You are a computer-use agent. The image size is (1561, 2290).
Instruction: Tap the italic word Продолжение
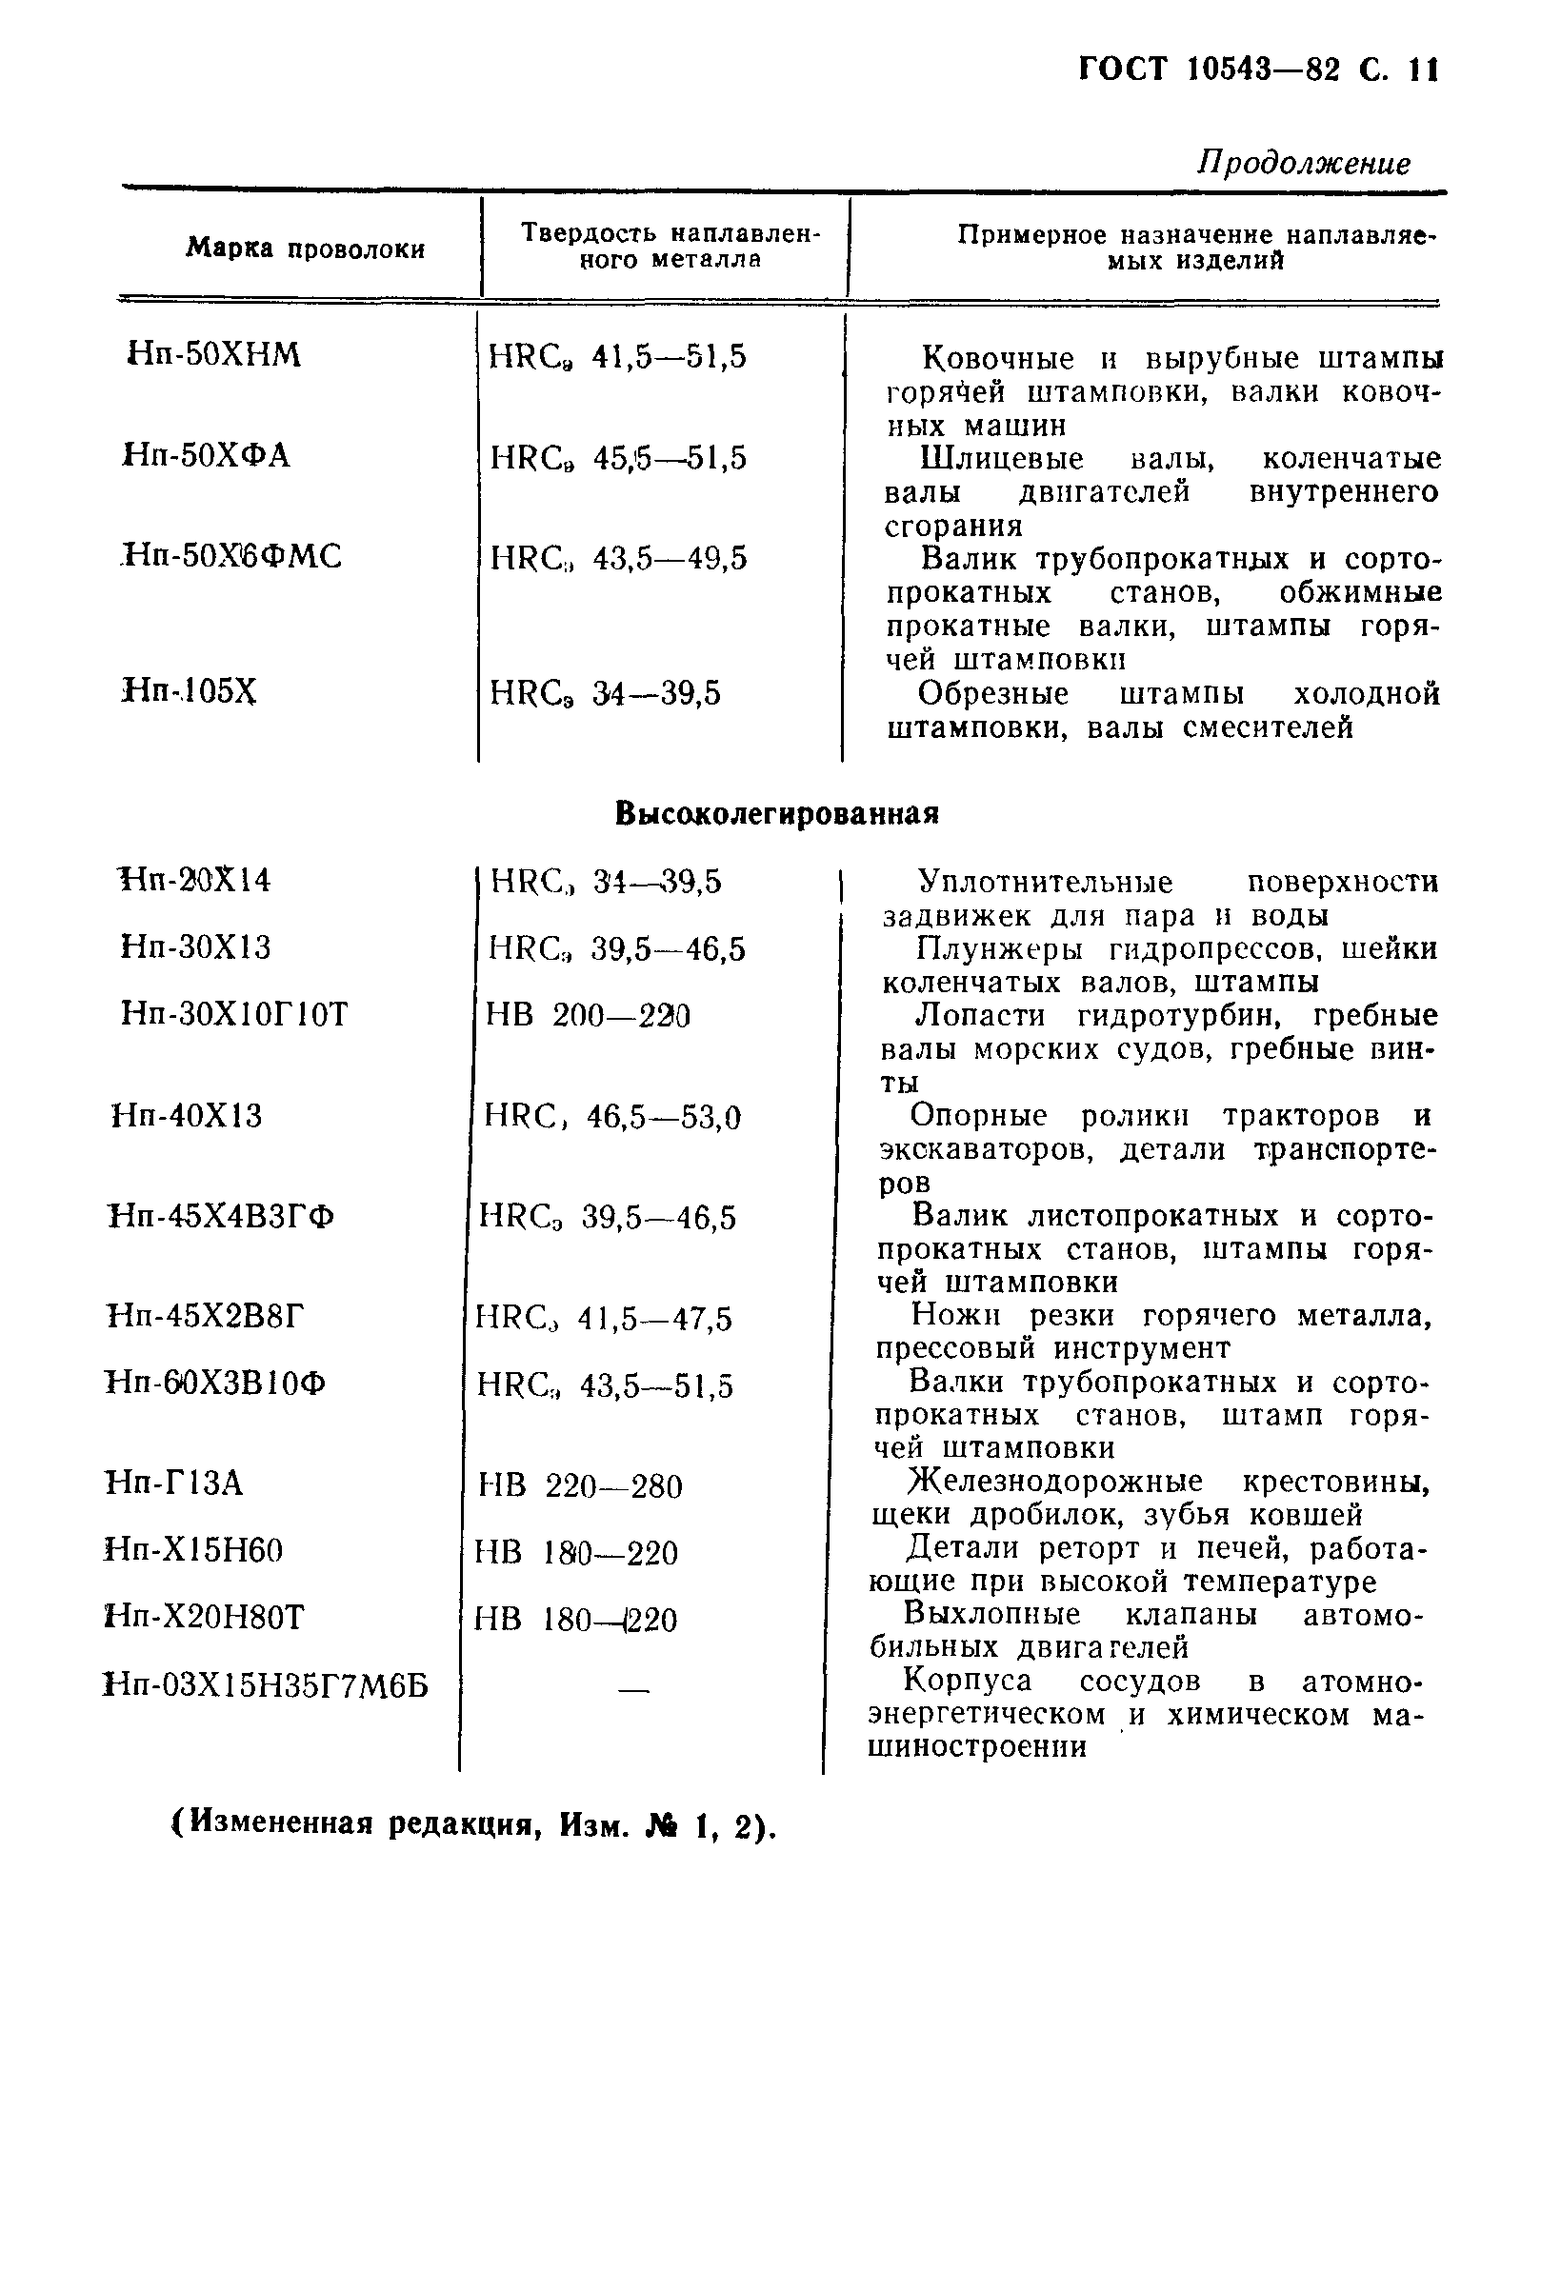point(1303,163)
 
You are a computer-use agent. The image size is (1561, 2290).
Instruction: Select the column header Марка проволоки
point(306,249)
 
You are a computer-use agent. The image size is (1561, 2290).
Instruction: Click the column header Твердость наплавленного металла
point(670,247)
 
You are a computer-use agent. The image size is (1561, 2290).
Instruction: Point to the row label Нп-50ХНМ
point(214,355)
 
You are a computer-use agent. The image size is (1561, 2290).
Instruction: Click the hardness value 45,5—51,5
point(670,458)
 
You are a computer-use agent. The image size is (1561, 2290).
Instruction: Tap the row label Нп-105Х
point(190,691)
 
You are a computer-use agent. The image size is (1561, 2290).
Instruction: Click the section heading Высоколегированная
point(776,814)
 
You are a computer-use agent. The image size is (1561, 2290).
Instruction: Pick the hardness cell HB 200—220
point(589,1015)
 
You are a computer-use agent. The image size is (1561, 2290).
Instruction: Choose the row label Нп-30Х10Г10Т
point(234,1014)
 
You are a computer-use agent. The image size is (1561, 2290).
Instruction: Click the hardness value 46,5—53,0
point(663,1119)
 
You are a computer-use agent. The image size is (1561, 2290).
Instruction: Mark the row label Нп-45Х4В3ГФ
point(221,1218)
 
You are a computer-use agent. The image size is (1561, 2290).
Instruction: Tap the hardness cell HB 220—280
point(579,1486)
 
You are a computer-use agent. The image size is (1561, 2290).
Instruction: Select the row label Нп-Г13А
point(173,1483)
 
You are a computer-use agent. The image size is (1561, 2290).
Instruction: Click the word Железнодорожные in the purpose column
point(1054,1482)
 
